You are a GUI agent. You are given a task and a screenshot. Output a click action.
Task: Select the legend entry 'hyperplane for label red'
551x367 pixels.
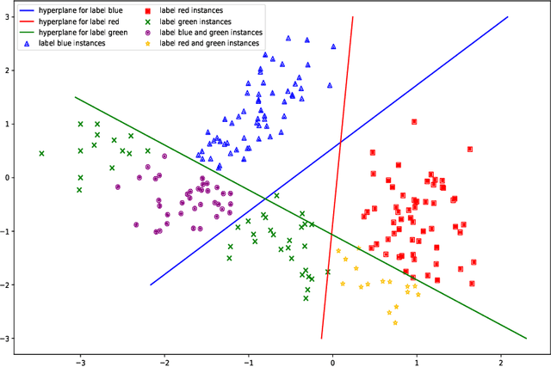(x=69, y=21)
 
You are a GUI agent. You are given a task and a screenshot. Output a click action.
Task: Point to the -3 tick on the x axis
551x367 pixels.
(x=80, y=362)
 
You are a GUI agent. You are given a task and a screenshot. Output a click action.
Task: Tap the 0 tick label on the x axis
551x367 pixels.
(x=333, y=362)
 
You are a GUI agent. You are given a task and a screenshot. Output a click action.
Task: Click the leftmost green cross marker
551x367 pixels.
(x=41, y=154)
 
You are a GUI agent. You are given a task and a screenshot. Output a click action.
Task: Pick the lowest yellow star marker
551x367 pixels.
(x=395, y=323)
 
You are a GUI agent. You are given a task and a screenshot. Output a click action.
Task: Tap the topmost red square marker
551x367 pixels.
(x=414, y=122)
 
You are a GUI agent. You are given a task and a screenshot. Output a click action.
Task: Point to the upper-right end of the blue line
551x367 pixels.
(x=508, y=16)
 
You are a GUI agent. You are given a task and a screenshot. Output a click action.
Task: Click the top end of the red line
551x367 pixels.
(x=353, y=16)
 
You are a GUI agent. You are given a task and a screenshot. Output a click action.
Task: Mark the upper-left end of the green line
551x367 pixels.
(x=76, y=97)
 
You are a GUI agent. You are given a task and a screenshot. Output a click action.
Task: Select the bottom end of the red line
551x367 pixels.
(x=322, y=338)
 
